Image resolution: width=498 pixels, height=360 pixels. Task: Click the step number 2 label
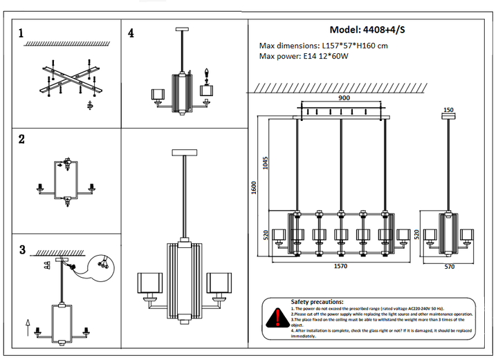tap(21, 139)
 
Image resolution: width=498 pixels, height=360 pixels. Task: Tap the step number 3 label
tap(21, 249)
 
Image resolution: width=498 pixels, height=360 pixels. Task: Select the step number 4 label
tap(131, 32)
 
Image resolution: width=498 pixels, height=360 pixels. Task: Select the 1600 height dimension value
tap(254, 187)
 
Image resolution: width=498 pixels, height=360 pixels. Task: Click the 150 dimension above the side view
tap(448, 110)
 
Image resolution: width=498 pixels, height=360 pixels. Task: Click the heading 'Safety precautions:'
tap(317, 302)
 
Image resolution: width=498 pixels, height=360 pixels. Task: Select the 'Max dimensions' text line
tap(323, 46)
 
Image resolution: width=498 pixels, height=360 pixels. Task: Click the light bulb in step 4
tap(205, 74)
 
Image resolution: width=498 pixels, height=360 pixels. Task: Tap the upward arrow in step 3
tap(26, 322)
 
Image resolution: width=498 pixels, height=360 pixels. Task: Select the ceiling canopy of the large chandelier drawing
tap(185, 151)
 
